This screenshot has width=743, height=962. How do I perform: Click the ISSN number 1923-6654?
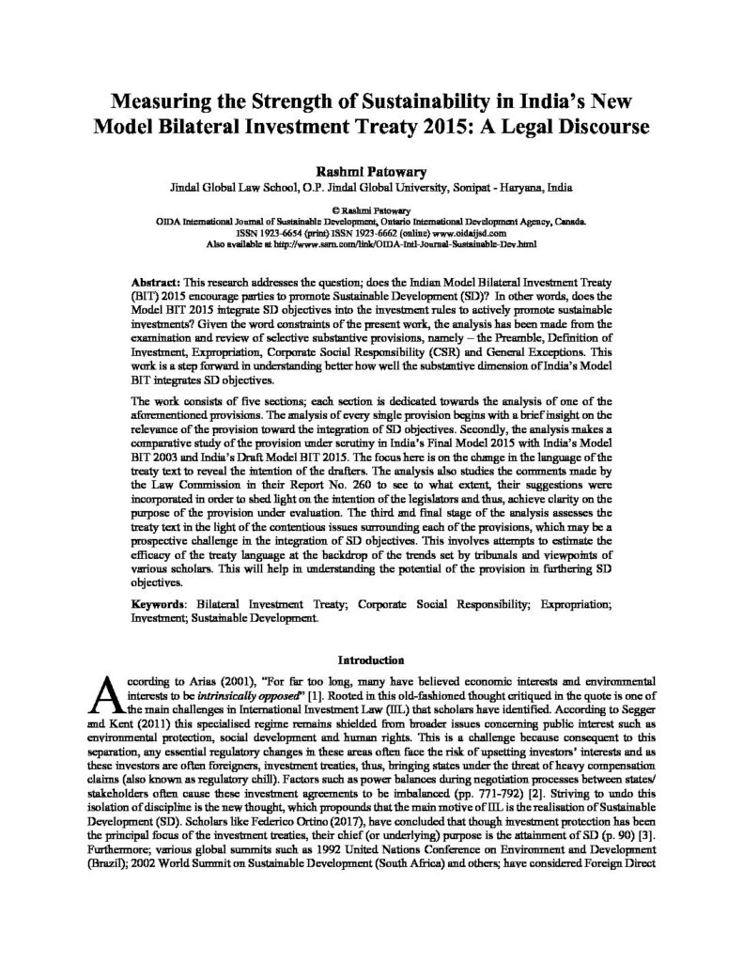click(x=275, y=232)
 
